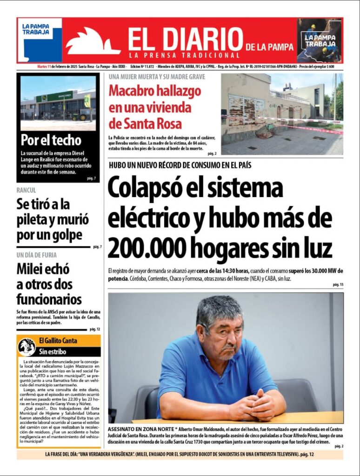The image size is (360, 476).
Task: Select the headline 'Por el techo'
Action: coord(51,140)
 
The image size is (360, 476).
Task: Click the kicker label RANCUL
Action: coord(26,190)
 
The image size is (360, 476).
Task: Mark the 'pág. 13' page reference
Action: coord(338,284)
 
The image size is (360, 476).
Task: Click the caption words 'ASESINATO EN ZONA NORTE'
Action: coord(141,427)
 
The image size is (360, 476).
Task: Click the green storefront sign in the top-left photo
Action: coord(54,97)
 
